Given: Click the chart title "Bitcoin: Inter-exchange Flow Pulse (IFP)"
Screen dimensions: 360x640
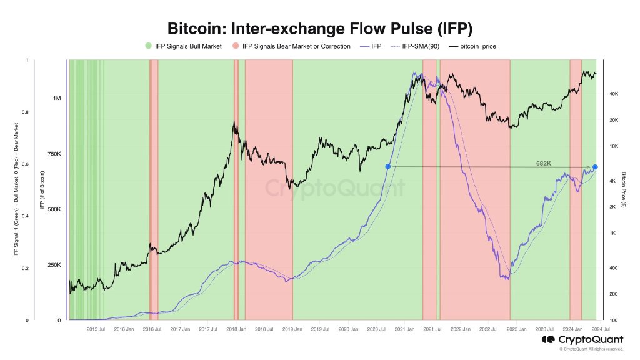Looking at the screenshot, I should pyautogui.click(x=319, y=29).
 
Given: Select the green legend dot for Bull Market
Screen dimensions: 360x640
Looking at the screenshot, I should pyautogui.click(x=147, y=46).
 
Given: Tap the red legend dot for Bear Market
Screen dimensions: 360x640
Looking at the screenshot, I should pyautogui.click(x=235, y=46).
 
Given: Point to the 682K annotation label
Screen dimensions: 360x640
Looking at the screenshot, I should pyautogui.click(x=543, y=162).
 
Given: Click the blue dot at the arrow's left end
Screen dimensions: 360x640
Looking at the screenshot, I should pyautogui.click(x=388, y=166).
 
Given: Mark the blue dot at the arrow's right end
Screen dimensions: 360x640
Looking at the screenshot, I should pyautogui.click(x=595, y=167).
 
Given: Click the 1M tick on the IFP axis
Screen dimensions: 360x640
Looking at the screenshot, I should pyautogui.click(x=57, y=99).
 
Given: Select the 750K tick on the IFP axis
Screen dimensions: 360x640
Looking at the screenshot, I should pyautogui.click(x=54, y=154).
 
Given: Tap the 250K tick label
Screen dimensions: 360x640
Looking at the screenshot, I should pyautogui.click(x=54, y=265).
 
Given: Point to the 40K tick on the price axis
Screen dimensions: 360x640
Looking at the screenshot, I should pyautogui.click(x=614, y=94).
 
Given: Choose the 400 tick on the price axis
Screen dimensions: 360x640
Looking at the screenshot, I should pyautogui.click(x=614, y=268).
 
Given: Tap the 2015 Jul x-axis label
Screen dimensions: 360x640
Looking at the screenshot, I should pyautogui.click(x=95, y=329).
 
